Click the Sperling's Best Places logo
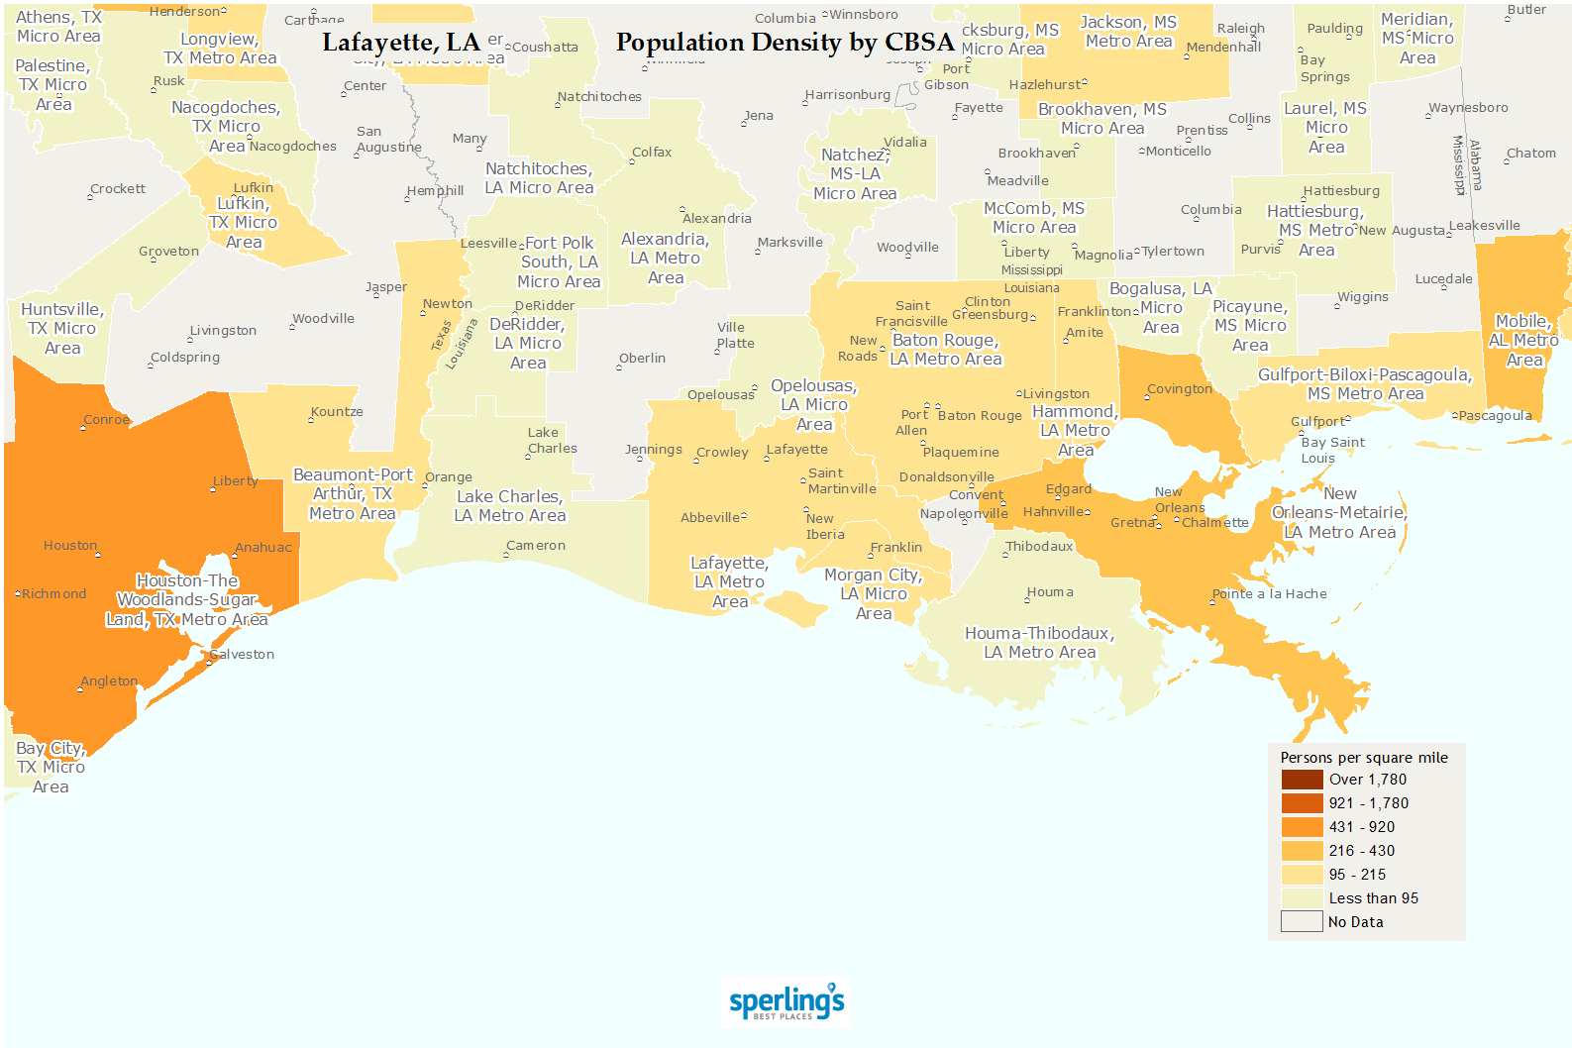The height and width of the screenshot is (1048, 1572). pyautogui.click(x=786, y=1001)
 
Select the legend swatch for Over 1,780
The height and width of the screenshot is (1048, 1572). pyautogui.click(x=1302, y=780)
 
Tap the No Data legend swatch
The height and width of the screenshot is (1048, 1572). pyautogui.click(x=1302, y=922)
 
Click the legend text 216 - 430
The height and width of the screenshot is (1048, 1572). pyautogui.click(x=1361, y=851)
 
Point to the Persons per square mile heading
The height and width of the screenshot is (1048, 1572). pyautogui.click(x=1363, y=758)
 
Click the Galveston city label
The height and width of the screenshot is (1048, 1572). pyautogui.click(x=242, y=655)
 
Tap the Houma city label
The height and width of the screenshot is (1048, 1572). pyautogui.click(x=1050, y=592)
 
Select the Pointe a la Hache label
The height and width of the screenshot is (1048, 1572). pyautogui.click(x=1269, y=594)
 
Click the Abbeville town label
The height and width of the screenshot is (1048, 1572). pyautogui.click(x=710, y=517)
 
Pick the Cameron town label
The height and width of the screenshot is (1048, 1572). pyautogui.click(x=536, y=546)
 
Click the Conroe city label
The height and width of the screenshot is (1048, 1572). pyautogui.click(x=106, y=420)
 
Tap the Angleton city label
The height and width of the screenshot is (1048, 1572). pyautogui.click(x=109, y=681)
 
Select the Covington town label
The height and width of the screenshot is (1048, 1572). pyautogui.click(x=1179, y=389)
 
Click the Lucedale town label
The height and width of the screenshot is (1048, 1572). pyautogui.click(x=1443, y=279)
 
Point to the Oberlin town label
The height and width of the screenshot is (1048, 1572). pyautogui.click(x=642, y=359)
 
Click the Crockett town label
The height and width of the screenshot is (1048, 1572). pyautogui.click(x=118, y=189)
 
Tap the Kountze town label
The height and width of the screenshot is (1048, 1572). pyautogui.click(x=337, y=412)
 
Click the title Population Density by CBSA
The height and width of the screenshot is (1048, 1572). pyautogui.click(x=785, y=43)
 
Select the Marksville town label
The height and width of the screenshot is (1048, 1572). pyautogui.click(x=789, y=243)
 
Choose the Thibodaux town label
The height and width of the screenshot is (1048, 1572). pyautogui.click(x=1039, y=547)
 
